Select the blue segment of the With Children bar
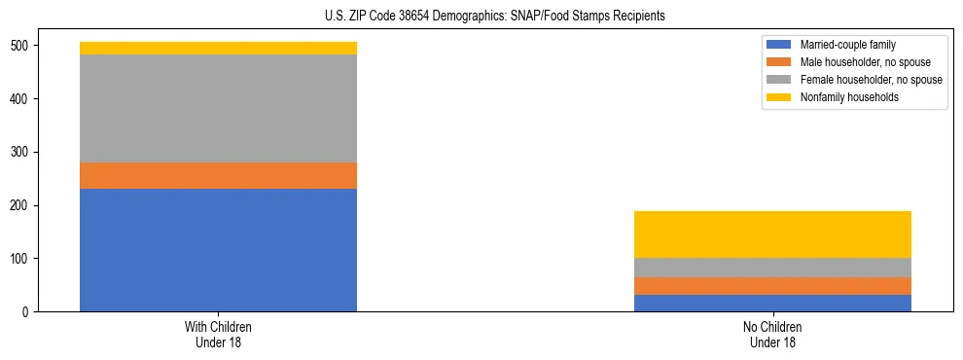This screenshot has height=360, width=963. coord(218,250)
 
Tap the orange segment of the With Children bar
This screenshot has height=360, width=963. coord(218,175)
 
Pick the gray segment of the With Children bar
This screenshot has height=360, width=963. coord(218,108)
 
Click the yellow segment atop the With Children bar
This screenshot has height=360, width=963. coord(218,48)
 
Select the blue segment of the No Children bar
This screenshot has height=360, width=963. coord(772,303)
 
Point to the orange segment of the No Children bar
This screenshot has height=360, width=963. coord(772,285)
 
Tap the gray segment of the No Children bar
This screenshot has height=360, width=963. coord(772,268)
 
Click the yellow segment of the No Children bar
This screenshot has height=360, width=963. coord(772,234)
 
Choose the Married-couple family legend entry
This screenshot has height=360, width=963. coord(847,45)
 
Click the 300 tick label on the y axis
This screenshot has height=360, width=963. coord(22,153)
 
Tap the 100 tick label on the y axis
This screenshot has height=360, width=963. coord(22,259)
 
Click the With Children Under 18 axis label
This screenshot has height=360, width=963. coord(218,335)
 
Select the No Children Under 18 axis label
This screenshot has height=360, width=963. coord(772,335)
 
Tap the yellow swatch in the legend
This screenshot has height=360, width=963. coord(779,97)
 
